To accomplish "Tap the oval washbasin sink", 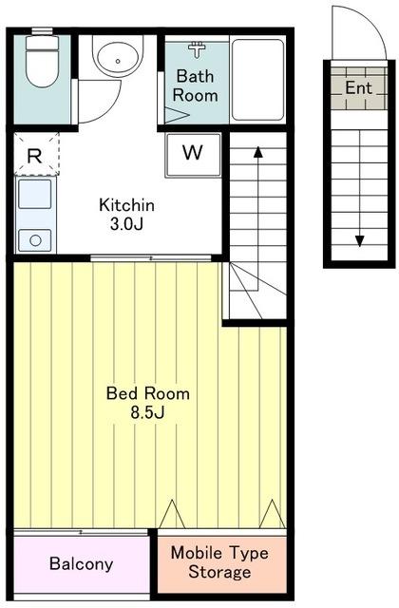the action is click(118, 60).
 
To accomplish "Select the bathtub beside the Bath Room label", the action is click(257, 80).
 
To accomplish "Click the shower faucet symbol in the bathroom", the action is click(197, 49).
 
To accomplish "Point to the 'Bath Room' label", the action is click(195, 85).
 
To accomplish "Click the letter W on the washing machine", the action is click(193, 153).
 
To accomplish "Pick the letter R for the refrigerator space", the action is click(34, 156).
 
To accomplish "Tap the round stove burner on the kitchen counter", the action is click(35, 240).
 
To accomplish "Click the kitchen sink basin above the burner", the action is click(35, 194).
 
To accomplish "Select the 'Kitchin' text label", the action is click(126, 205).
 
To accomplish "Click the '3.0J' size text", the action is click(126, 224).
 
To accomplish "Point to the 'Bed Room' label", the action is click(148, 393).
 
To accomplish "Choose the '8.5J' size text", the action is click(148, 413).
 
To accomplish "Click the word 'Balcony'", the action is click(82, 563).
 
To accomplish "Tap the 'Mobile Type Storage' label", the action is click(219, 562).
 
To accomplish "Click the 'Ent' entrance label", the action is click(359, 87).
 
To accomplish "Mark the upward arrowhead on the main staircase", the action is click(258, 152).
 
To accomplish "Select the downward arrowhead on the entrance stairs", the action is click(360, 241).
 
